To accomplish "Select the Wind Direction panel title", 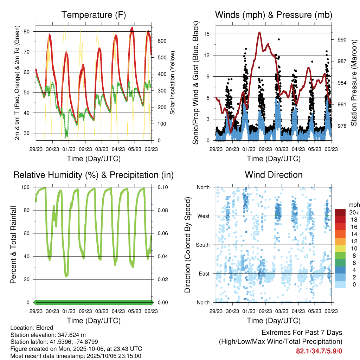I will click(x=274, y=175).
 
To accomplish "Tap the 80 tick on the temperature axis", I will click(x=30, y=32).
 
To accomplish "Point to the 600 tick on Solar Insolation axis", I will click(x=162, y=41).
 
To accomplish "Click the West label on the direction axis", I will click(x=203, y=216).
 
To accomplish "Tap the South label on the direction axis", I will click(x=203, y=245).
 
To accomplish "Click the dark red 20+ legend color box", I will click(x=340, y=212).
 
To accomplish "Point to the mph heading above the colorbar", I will click(x=353, y=205).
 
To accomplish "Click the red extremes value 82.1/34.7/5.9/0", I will click(x=319, y=351).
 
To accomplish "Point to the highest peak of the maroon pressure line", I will click(x=259, y=32).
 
